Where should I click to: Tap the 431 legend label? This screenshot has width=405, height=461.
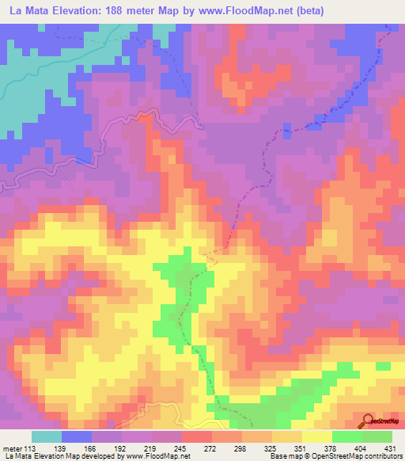(x=391, y=448)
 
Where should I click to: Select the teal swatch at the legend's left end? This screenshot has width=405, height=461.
(x=47, y=436)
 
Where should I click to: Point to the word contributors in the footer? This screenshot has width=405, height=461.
(x=381, y=456)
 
